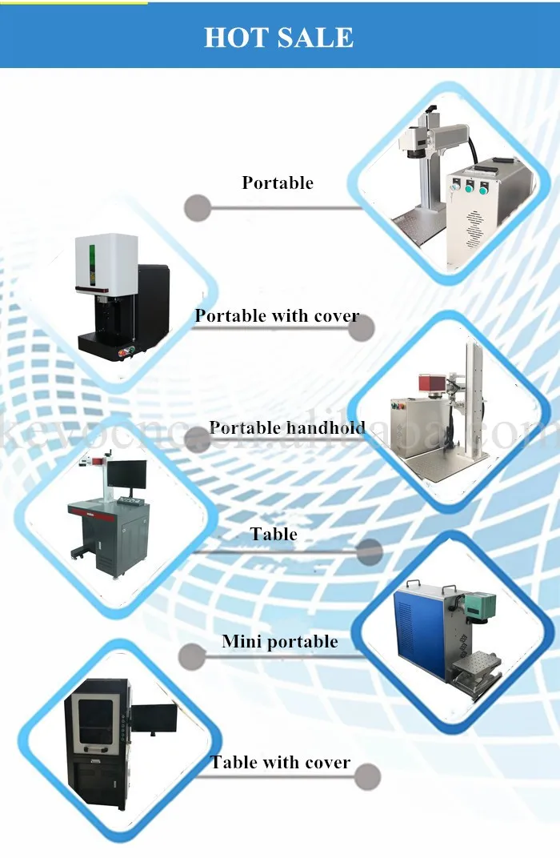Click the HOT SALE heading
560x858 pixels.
[278, 37]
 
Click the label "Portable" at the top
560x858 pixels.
[278, 182]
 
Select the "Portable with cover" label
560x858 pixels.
[277, 315]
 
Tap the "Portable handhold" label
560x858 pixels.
[286, 427]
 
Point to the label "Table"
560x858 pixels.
[274, 534]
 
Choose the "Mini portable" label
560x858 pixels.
[280, 641]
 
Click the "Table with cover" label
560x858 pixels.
[281, 762]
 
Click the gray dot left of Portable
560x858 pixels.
[198, 208]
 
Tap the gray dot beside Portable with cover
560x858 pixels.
[362, 328]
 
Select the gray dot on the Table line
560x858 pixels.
[369, 551]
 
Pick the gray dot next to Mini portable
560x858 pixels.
[191, 656]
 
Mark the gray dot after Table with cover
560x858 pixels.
[367, 776]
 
